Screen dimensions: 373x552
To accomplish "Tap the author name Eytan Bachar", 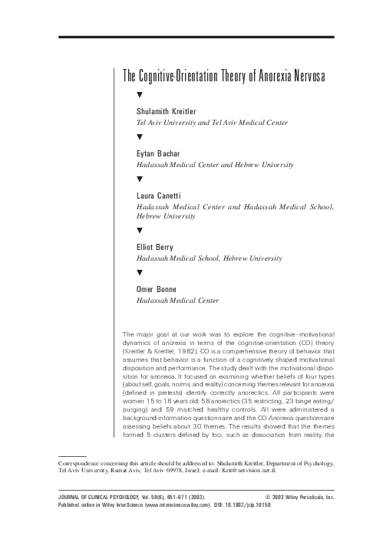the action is coord(157,154).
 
